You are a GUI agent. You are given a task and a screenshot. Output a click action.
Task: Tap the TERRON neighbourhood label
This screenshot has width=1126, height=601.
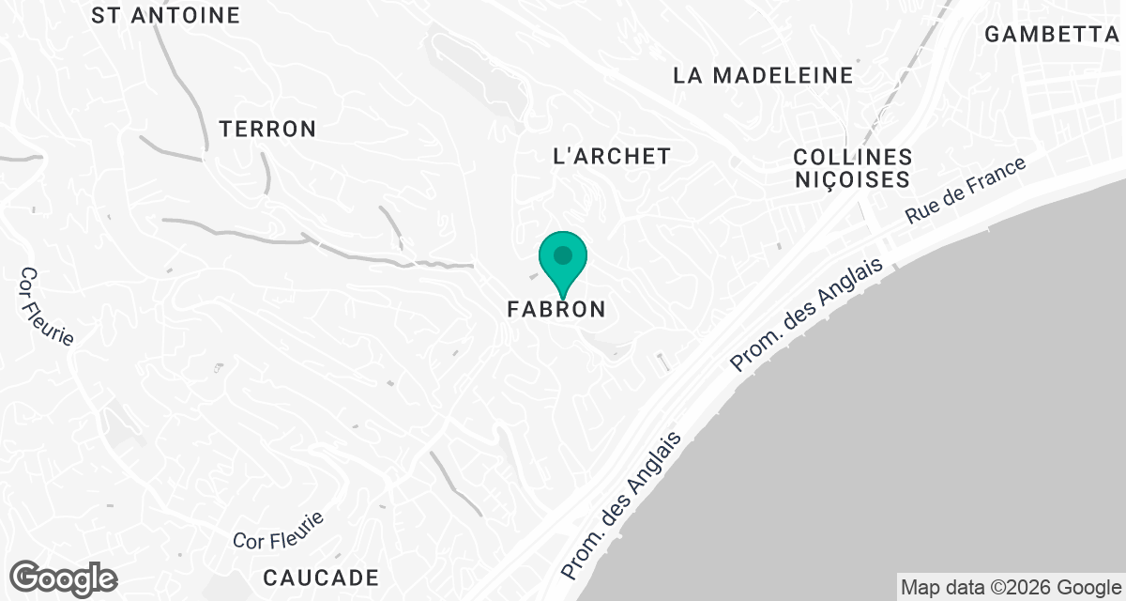(267, 130)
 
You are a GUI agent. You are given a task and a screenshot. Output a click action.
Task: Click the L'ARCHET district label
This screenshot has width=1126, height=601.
(612, 157)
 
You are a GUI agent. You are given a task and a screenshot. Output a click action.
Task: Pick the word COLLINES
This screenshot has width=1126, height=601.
(852, 157)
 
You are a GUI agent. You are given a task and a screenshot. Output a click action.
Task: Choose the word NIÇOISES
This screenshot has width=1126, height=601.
(852, 179)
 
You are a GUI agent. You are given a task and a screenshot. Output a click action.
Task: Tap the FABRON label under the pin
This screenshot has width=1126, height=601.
(556, 309)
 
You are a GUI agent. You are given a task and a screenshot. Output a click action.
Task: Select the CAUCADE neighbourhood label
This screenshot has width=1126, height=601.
(321, 577)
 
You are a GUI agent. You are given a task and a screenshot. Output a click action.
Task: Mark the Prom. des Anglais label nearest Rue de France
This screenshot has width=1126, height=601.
(808, 315)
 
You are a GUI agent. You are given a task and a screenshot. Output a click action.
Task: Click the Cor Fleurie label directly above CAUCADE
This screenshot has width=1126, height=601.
(279, 531)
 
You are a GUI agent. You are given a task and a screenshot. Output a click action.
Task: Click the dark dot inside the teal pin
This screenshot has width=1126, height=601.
(562, 254)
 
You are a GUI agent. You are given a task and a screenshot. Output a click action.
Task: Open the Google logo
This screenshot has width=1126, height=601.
(64, 578)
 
